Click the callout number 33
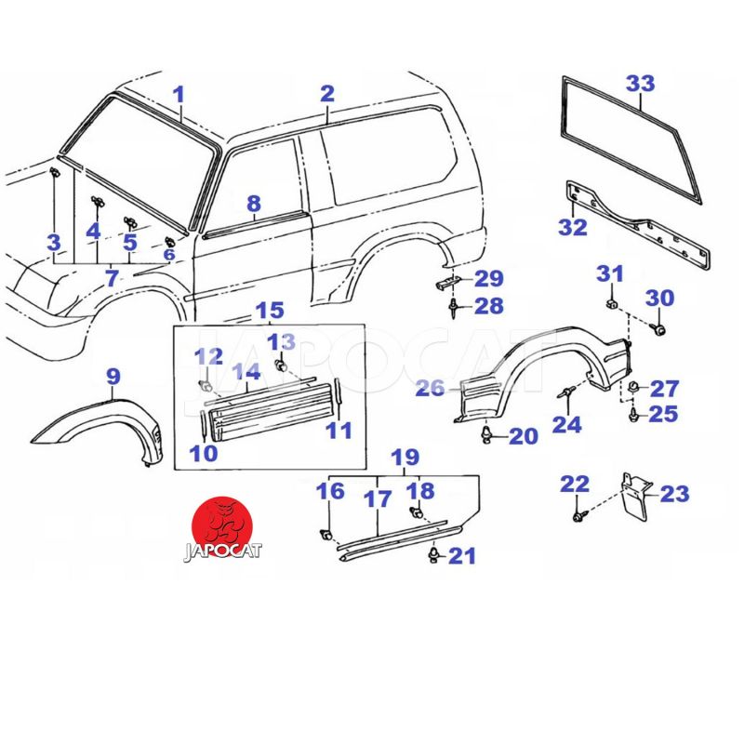[640, 83]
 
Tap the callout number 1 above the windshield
[179, 94]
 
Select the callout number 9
[113, 377]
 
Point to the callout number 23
[674, 494]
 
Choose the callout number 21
[462, 556]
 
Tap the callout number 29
[489, 278]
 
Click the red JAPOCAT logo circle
[224, 523]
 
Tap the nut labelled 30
[660, 328]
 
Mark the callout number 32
[573, 228]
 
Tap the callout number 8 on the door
[254, 204]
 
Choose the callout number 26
[430, 389]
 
